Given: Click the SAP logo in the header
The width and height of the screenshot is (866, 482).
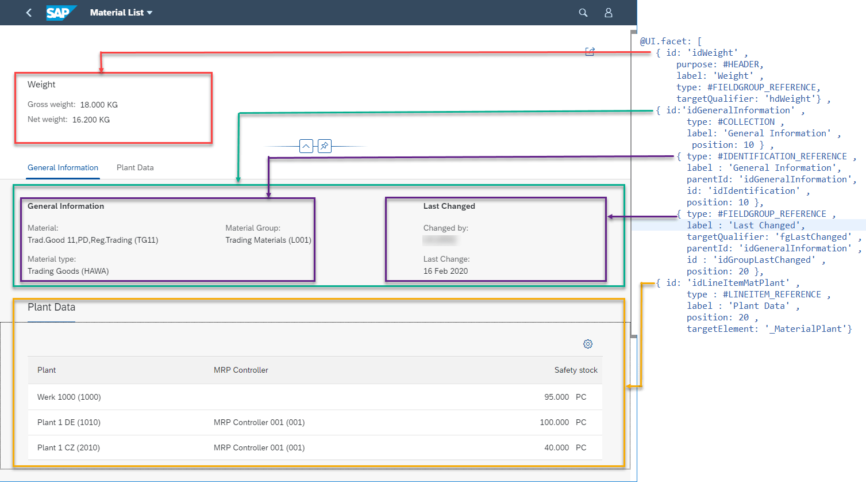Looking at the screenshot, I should pyautogui.click(x=60, y=13).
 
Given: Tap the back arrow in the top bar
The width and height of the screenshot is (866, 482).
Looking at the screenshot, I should pyautogui.click(x=29, y=13).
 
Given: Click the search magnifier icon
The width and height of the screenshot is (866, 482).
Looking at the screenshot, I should pyautogui.click(x=583, y=13).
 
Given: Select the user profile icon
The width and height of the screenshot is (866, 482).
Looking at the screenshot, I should pyautogui.click(x=609, y=13).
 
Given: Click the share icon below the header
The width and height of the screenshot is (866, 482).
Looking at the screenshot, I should pyautogui.click(x=590, y=52).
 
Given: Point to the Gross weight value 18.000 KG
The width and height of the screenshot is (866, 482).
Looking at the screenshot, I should pyautogui.click(x=99, y=105).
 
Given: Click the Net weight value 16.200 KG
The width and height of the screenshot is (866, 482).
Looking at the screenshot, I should pyautogui.click(x=91, y=120).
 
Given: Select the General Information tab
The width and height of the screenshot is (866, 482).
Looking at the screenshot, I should pyautogui.click(x=63, y=168).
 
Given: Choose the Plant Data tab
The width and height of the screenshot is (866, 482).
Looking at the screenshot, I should pyautogui.click(x=135, y=168).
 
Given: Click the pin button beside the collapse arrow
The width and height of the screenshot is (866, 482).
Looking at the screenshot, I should pyautogui.click(x=324, y=146).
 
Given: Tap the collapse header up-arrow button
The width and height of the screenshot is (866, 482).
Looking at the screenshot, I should pyautogui.click(x=306, y=146).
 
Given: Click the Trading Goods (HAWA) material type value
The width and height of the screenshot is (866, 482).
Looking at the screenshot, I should pyautogui.click(x=68, y=271).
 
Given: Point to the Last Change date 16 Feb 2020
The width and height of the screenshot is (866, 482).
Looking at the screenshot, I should pyautogui.click(x=445, y=271).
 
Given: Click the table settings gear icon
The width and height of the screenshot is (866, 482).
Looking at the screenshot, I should pyautogui.click(x=588, y=344).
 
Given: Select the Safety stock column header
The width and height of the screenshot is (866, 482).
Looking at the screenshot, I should pyautogui.click(x=576, y=370).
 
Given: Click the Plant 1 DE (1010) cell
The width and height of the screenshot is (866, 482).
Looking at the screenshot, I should pyautogui.click(x=69, y=423).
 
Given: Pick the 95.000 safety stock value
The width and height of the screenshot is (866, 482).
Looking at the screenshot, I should pyautogui.click(x=556, y=397).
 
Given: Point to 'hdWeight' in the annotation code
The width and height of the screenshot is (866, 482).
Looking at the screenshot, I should pyautogui.click(x=790, y=99).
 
